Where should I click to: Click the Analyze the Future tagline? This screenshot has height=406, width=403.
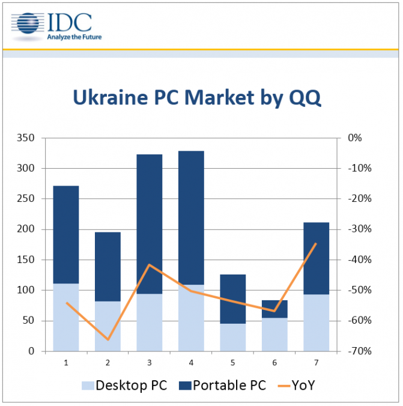(x=74, y=37)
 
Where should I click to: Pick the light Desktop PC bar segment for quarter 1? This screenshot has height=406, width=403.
(x=66, y=317)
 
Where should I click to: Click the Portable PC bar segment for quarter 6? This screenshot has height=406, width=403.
(x=274, y=309)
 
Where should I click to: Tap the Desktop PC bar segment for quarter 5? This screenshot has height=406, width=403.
(x=233, y=337)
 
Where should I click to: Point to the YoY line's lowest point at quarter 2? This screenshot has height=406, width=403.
(x=108, y=339)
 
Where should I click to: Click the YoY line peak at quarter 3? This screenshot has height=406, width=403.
(x=150, y=265)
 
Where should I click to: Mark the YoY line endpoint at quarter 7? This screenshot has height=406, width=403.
(x=316, y=243)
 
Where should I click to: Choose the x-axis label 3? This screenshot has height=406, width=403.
(x=150, y=362)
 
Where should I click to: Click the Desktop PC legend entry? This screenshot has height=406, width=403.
(x=123, y=386)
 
